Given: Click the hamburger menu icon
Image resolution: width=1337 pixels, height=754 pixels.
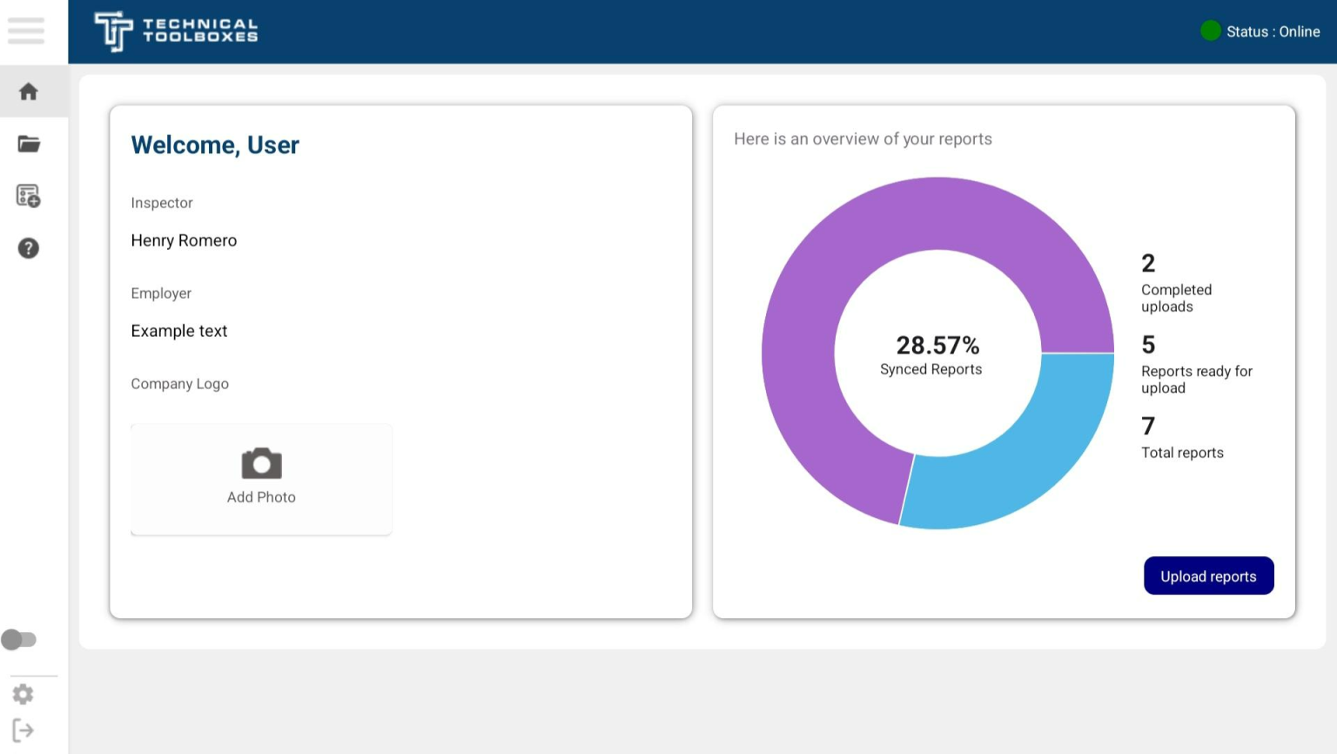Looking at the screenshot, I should tap(26, 30).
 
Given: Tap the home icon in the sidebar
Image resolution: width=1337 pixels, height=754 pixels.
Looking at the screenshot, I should tap(29, 91).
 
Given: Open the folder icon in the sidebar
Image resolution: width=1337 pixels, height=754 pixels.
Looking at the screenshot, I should tap(29, 144).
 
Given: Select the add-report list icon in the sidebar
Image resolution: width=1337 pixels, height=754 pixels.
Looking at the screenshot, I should tap(29, 196).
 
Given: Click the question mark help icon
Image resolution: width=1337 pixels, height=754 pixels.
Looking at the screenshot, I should tap(29, 248).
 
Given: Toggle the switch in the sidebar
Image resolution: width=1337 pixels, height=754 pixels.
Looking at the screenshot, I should tap(19, 640).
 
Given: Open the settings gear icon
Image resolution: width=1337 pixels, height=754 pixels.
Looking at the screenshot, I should tap(24, 694).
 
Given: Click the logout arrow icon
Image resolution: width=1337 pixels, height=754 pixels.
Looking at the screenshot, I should tap(24, 730).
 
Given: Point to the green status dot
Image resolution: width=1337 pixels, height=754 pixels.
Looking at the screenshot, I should tap(1210, 31).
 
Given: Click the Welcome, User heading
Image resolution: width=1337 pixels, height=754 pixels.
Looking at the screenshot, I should tap(215, 145).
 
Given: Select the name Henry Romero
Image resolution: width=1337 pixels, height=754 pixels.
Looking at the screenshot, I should tap(184, 240).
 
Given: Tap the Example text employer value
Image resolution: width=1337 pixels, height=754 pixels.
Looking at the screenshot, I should tap(179, 331).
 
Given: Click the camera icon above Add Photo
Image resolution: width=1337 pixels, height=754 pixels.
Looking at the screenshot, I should tap(261, 463).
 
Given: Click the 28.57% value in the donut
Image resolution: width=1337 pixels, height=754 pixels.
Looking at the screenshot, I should tap(937, 346).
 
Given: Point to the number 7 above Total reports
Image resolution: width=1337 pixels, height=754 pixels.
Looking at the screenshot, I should tap(1148, 426).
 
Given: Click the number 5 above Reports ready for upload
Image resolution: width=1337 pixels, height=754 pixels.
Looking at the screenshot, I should tap(1148, 345).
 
